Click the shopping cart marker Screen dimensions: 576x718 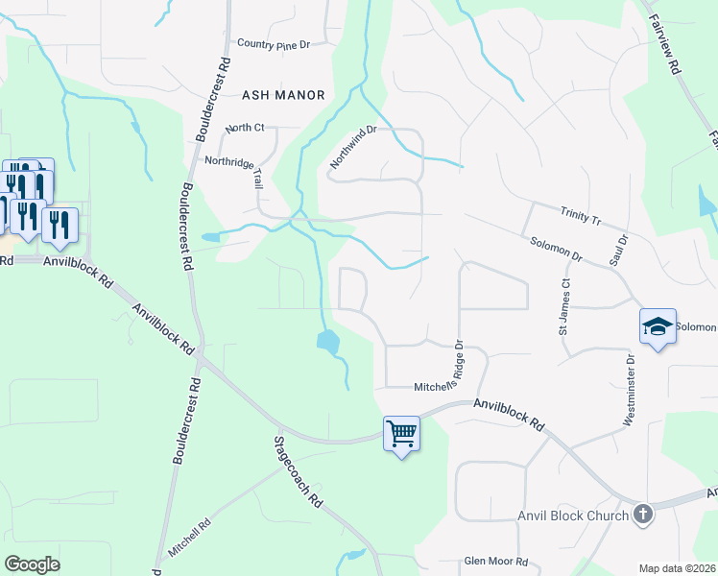click(401, 433)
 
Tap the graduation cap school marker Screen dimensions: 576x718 click(658, 326)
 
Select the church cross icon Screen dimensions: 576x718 click(642, 515)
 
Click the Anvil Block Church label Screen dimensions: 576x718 click(573, 516)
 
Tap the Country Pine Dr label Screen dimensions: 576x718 click(275, 44)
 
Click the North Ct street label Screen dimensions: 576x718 click(244, 129)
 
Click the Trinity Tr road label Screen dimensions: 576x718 click(581, 214)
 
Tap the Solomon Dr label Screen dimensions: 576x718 click(557, 249)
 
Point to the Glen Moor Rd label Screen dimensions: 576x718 click(496, 562)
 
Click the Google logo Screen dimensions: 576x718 click(32, 564)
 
